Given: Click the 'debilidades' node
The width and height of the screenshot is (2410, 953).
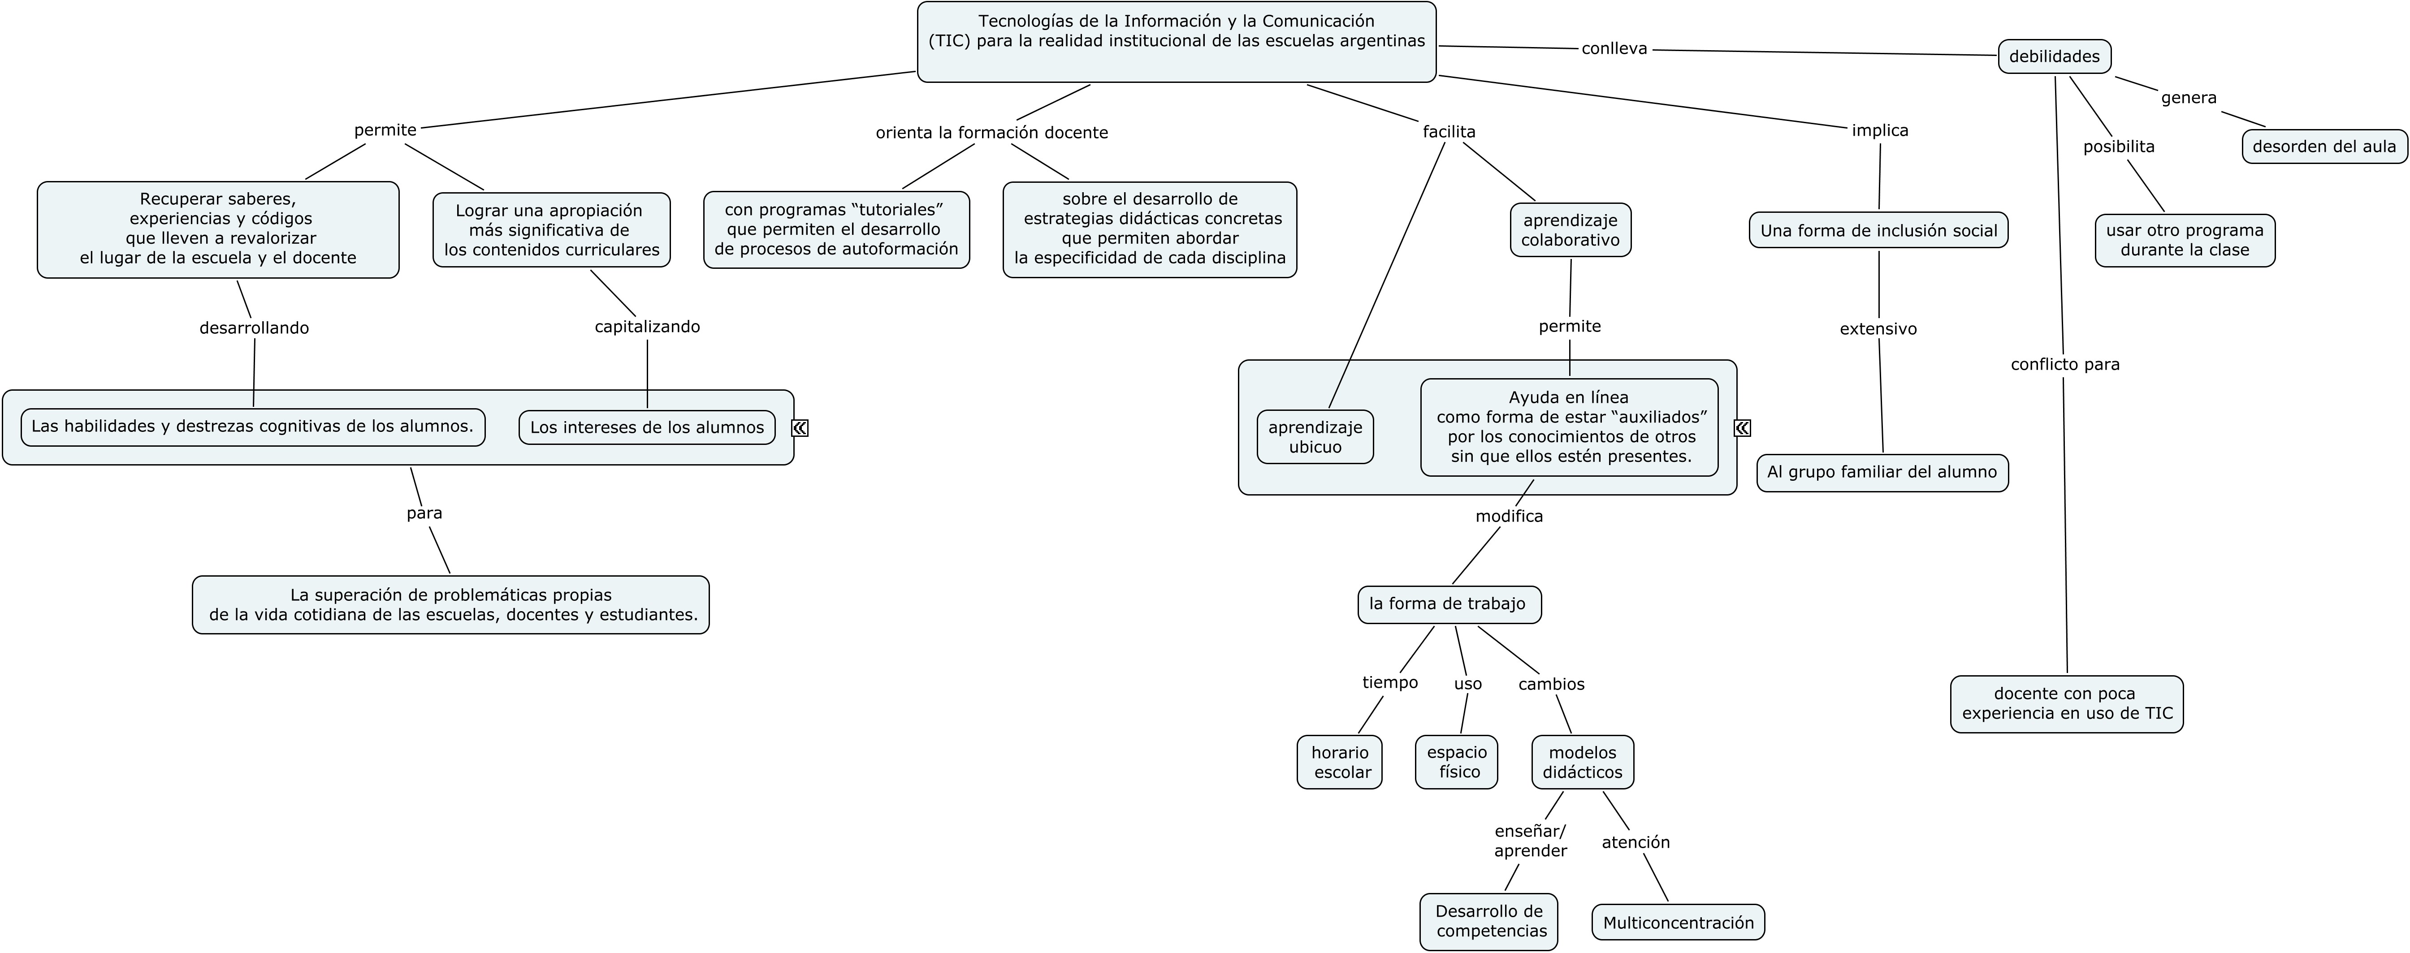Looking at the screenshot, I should tap(2055, 56).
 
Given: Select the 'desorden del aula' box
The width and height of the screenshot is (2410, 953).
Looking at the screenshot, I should tap(2324, 146).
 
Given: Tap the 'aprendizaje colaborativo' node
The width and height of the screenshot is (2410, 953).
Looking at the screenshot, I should tap(1570, 230).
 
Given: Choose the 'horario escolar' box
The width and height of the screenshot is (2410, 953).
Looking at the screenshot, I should tap(1340, 762).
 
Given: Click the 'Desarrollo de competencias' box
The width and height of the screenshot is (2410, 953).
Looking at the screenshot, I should tap(1488, 921).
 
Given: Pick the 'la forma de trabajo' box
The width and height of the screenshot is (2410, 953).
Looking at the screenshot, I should tap(1448, 604).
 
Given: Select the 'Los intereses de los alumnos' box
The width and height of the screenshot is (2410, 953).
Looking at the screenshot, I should tap(646, 427).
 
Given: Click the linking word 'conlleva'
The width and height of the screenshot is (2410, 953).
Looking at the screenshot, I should tap(1614, 49).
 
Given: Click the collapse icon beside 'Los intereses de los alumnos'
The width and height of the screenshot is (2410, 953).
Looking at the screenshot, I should tap(800, 427).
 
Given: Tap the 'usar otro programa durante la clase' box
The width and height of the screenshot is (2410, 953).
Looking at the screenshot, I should tap(2185, 240).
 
